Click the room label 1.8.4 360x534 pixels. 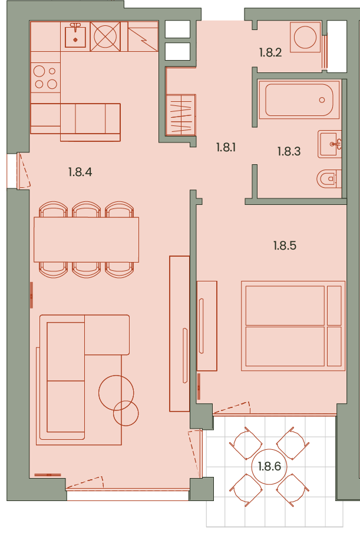pos(80,172)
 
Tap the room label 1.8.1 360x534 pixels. pos(226,147)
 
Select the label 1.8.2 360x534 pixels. pos(270,52)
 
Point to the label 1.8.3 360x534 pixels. pos(289,151)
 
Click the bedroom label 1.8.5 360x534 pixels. pos(285,246)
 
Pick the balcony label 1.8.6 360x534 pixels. pos(269,466)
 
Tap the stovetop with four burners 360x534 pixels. pos(45,77)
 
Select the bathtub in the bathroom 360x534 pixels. pos(299,99)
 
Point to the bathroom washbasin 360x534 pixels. pos(330,144)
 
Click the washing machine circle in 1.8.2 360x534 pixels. pos(305,37)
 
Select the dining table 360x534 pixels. pos(86,240)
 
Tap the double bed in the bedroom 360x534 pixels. pos(293,326)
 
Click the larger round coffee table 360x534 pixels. pos(116,393)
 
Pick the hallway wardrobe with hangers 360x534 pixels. pos(181,115)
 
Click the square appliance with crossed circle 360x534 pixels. pos(105,37)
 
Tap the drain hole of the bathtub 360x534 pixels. pos(322,100)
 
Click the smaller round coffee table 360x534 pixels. pos(126,413)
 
